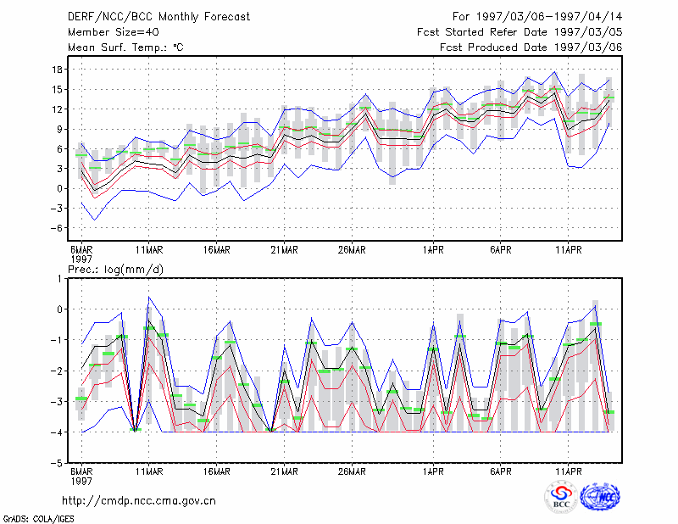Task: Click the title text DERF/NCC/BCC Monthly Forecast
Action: (158, 17)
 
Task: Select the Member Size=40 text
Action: (114, 32)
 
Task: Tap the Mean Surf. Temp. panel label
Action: (125, 47)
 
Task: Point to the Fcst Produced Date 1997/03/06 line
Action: (531, 47)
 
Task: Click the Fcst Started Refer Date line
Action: (520, 32)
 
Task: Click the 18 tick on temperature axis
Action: (57, 70)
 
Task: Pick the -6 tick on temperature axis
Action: (56, 228)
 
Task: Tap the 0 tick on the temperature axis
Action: (59, 189)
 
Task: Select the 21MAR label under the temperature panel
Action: (284, 250)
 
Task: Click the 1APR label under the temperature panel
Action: (433, 250)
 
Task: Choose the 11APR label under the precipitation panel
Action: (568, 471)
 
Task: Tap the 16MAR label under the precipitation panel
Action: (217, 471)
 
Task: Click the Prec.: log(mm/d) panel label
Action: (115, 270)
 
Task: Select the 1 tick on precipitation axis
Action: (59, 279)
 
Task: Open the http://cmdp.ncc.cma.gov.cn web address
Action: (139, 501)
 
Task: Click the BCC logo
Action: (561, 498)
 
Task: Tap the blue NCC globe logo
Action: (600, 497)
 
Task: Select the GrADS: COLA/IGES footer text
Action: (38, 519)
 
